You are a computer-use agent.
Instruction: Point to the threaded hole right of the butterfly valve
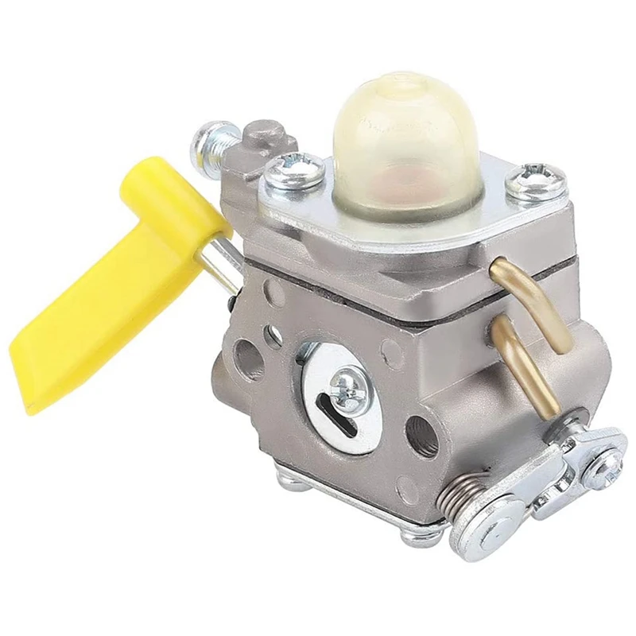click(422, 432)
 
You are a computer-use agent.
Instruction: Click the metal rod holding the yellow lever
click(226, 262)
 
